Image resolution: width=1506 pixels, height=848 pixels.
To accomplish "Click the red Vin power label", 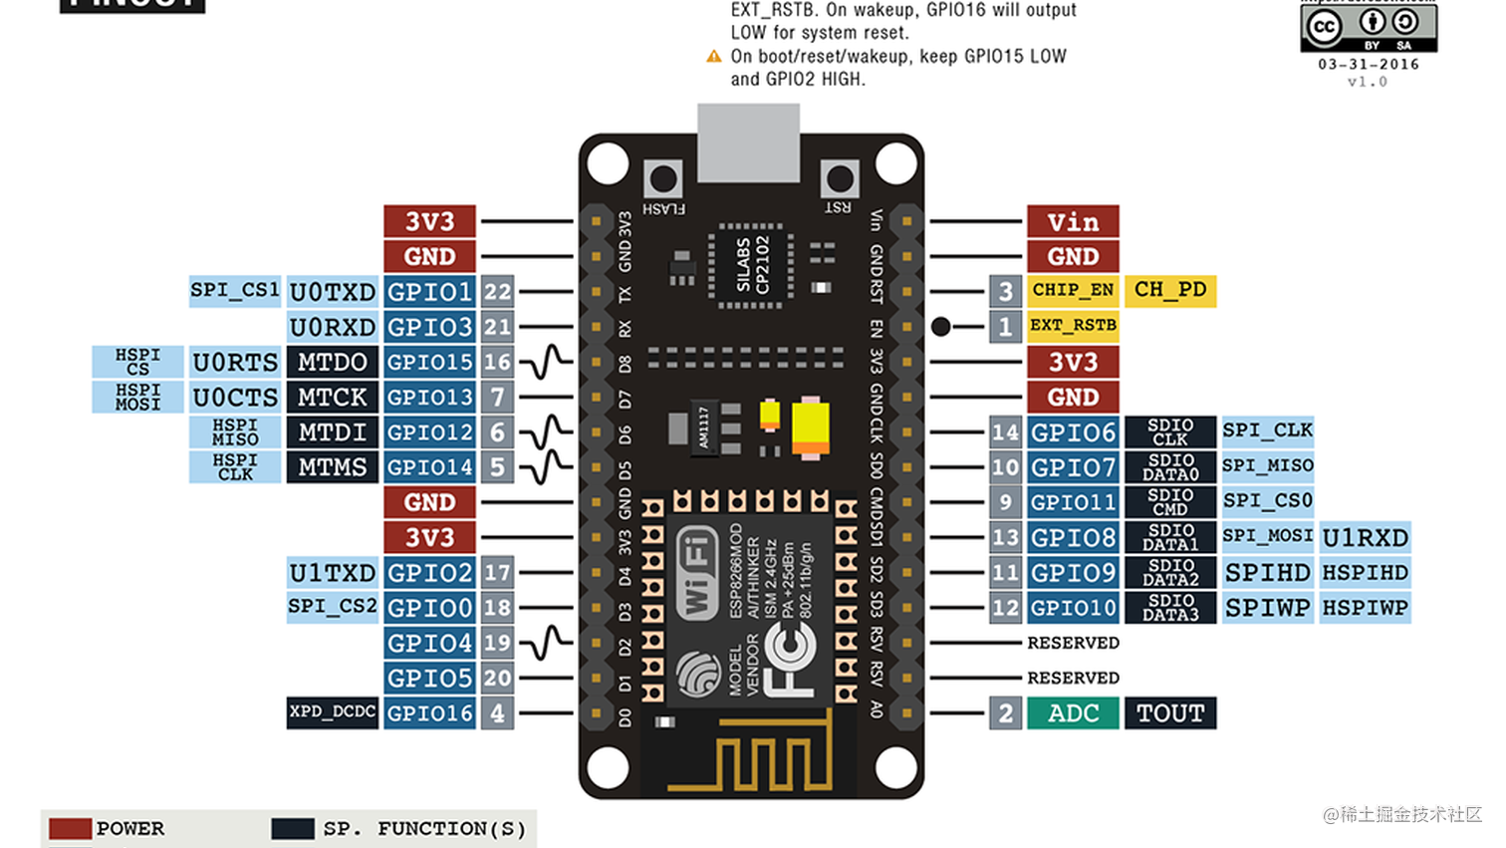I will pos(1073,221).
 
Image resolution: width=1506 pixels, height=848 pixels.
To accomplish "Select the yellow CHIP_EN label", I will pos(1073,290).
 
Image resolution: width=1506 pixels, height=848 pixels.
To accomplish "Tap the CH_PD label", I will pos(1170,290).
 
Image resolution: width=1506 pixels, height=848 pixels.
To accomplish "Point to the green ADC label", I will pos(1073,713).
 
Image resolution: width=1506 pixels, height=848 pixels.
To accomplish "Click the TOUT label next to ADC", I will pos(1170,713).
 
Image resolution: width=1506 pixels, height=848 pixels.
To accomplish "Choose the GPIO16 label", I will pos(429,713).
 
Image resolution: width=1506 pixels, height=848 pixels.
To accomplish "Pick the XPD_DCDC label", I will pos(332,712).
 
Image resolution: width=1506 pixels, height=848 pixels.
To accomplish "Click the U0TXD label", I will pos(332,292).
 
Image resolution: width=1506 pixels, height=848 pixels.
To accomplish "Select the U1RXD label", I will pos(1365,538).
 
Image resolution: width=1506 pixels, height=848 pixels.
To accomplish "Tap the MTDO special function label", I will pos(332,362).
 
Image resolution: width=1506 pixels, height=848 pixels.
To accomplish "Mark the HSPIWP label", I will pos(1365,608).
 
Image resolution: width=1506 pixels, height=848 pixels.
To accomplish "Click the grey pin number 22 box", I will pos(497,292).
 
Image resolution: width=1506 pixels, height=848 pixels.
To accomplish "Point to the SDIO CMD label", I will pos(1170,502).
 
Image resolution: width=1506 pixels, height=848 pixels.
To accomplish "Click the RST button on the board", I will pos(840,179).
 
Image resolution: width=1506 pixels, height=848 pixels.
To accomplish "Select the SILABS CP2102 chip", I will pos(751,265).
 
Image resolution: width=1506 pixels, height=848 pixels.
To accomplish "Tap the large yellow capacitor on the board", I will pos(810,427).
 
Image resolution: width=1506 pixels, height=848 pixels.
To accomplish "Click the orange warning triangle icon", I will pos(714,57).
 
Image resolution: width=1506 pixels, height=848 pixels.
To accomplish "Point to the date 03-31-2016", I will pos(1369,65).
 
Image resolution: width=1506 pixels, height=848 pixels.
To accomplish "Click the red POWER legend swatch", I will pos(70,829).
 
